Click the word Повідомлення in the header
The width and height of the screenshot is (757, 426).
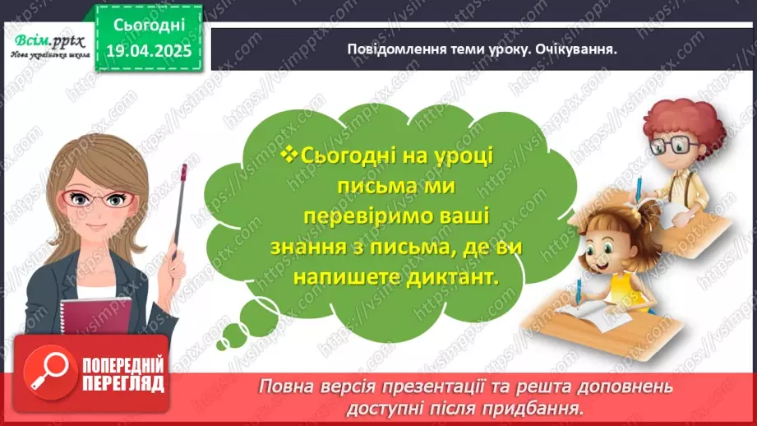(x=392, y=49)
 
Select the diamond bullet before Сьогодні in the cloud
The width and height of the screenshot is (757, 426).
(x=288, y=154)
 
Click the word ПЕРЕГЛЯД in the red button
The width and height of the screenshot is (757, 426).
(x=122, y=382)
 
